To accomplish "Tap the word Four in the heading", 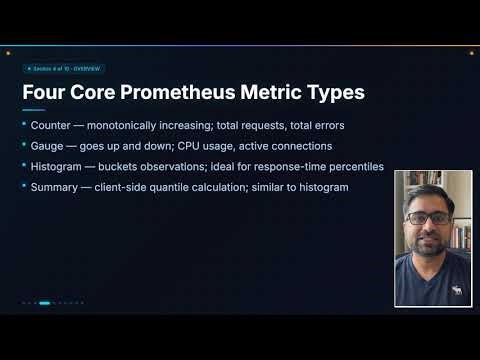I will [x=45, y=93].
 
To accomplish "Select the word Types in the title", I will [x=333, y=93].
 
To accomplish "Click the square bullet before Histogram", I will [x=24, y=165].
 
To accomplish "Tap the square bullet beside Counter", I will [x=24, y=124].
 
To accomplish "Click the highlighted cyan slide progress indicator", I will [x=44, y=303].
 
